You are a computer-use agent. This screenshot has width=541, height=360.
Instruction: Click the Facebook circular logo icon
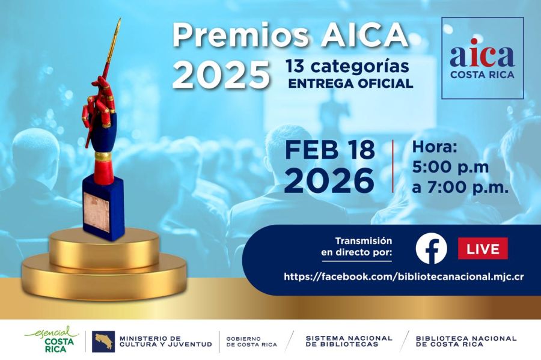pos(431,248)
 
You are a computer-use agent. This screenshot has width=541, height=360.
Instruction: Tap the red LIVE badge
pos(483,248)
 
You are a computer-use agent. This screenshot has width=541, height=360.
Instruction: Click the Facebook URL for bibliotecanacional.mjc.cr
pos(404,276)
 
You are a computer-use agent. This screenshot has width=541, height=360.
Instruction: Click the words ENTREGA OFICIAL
pos(350,84)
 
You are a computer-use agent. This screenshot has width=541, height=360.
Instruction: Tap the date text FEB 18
pos(330,150)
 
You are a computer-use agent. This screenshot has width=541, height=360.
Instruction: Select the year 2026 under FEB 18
pos(330,181)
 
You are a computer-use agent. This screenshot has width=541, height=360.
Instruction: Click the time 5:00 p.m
pos(450,166)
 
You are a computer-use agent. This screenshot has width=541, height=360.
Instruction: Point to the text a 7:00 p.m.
pos(460,187)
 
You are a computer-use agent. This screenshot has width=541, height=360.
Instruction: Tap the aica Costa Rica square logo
pos(482,58)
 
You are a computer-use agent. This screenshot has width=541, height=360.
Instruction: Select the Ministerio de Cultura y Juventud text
pos(165,341)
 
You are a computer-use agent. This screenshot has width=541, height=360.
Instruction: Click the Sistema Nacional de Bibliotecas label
pos(349,341)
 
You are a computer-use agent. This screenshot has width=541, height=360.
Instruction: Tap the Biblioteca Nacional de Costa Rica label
pos(466,341)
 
